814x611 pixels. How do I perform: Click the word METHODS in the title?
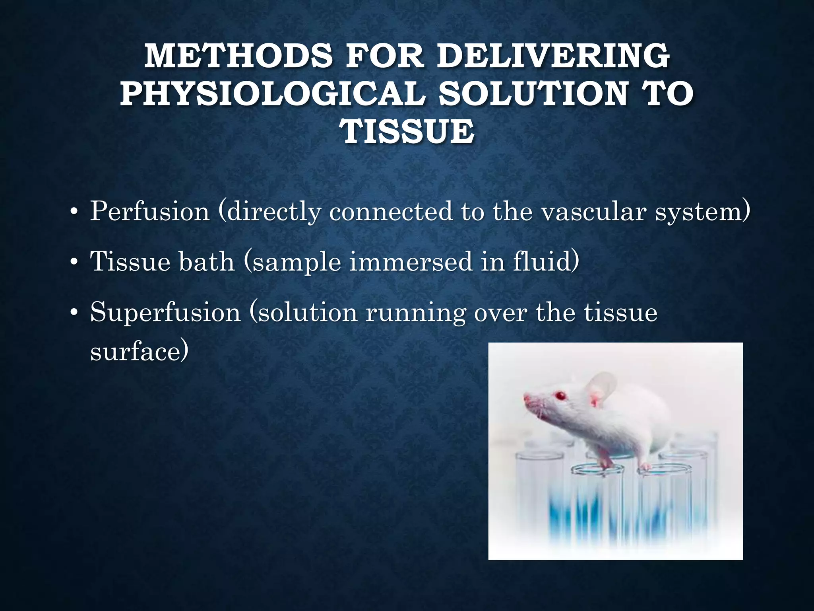click(238, 56)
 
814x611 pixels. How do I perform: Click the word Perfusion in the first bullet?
click(149, 211)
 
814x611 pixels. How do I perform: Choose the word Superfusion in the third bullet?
click(165, 312)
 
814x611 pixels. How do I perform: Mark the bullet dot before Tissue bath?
click(73, 263)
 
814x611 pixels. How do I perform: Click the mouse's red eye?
click(561, 396)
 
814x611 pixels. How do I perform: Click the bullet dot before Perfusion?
click(73, 212)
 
